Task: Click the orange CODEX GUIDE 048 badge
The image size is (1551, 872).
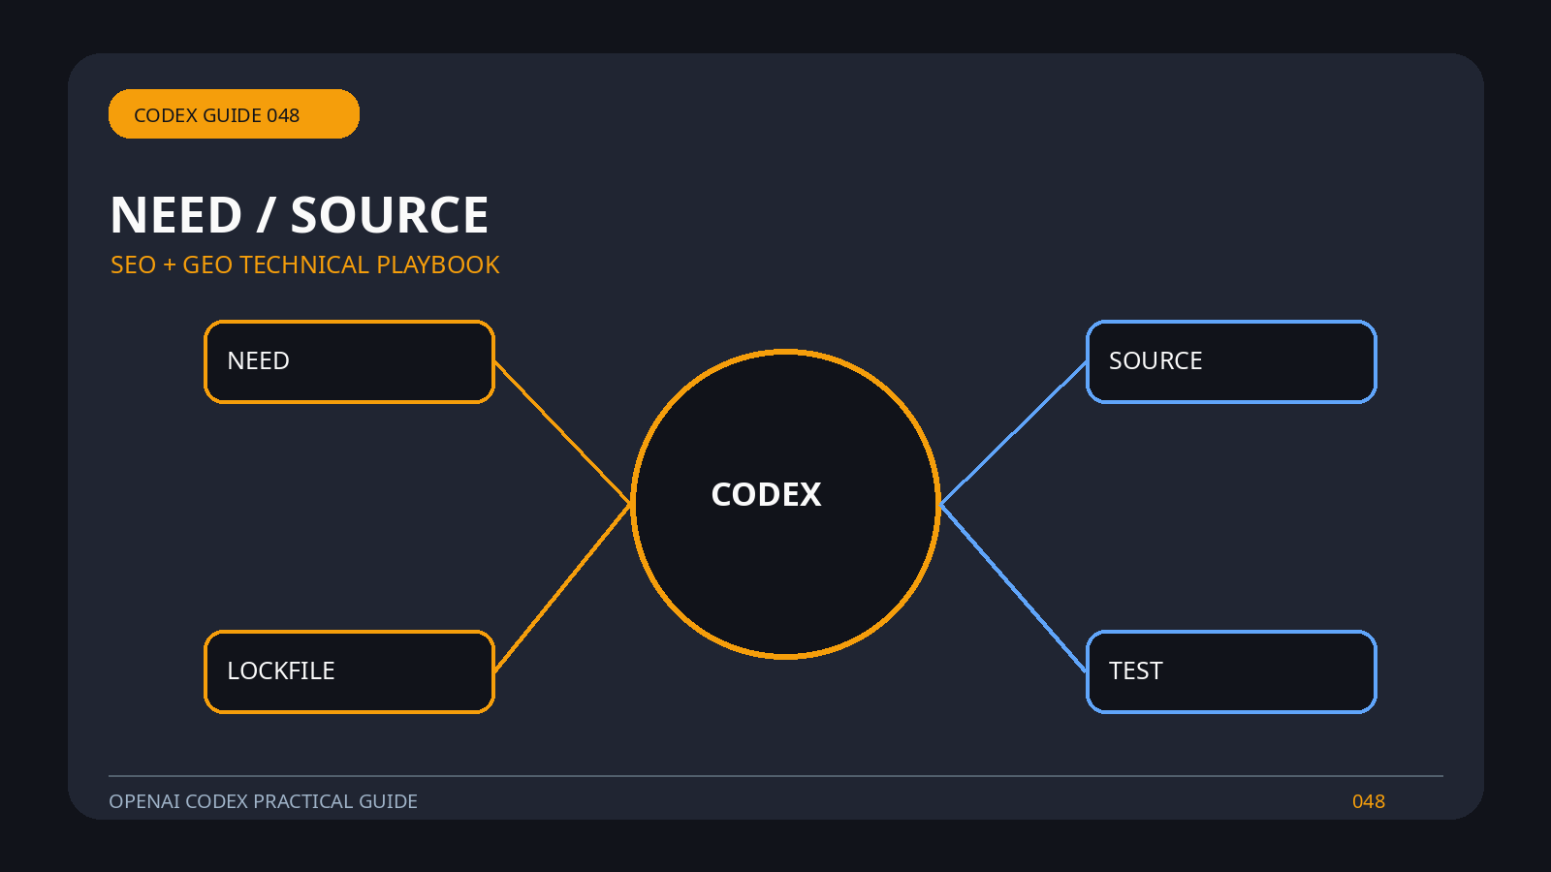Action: (x=234, y=113)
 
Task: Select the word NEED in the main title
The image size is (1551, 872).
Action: (x=175, y=215)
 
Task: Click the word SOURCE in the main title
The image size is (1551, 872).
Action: (x=389, y=215)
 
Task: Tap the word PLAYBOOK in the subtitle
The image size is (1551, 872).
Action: (x=437, y=265)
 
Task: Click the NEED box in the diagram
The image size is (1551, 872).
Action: (x=350, y=362)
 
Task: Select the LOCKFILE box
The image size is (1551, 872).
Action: (x=350, y=672)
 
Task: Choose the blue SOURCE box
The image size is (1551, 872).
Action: (x=1231, y=362)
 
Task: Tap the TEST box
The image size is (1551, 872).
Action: (x=1231, y=672)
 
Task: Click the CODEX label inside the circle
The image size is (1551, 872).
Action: (x=766, y=495)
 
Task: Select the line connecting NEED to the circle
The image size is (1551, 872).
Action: (x=562, y=432)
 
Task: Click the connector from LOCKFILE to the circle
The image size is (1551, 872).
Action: (x=562, y=587)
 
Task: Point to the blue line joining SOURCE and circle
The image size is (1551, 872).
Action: (x=1013, y=433)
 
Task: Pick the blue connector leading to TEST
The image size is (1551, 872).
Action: (x=1013, y=587)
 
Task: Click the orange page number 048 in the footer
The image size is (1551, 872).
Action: (x=1368, y=801)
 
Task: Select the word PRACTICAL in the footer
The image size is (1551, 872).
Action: (x=303, y=801)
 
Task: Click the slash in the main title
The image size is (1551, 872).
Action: (x=266, y=215)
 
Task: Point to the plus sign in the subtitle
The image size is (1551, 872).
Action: (x=169, y=265)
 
